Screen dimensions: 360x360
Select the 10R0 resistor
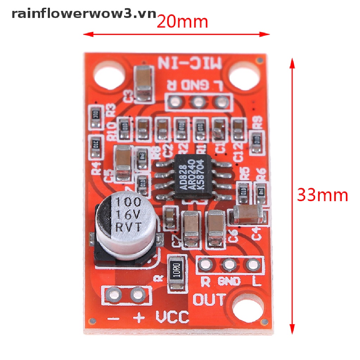point(177,272)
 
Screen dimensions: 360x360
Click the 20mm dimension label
point(182,22)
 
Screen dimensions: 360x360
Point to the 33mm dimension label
point(322,195)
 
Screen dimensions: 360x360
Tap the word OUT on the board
point(210,300)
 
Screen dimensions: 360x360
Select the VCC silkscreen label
point(172,317)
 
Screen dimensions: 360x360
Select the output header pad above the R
point(206,264)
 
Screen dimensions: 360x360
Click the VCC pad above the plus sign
point(137,294)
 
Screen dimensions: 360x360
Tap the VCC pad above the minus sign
point(114,294)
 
